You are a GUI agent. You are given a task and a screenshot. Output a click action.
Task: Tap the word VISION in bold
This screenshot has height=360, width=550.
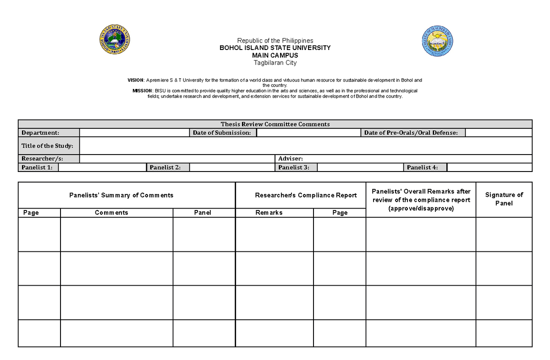pos(136,80)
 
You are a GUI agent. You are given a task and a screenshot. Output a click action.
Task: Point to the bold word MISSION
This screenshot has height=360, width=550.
pos(142,91)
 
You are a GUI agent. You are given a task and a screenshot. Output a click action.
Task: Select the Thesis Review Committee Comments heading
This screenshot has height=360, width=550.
pos(275,124)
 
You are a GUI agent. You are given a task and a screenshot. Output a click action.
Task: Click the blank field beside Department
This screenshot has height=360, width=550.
pos(134,133)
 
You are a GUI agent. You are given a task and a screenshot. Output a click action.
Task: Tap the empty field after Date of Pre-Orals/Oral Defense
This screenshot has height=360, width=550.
pos(498,133)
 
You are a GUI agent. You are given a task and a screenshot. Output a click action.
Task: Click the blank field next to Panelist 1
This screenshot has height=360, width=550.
pos(102,167)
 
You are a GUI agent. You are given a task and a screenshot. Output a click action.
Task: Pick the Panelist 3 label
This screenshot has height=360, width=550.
pos(294,167)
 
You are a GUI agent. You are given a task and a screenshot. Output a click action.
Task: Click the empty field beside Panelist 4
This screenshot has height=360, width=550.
pos(489,167)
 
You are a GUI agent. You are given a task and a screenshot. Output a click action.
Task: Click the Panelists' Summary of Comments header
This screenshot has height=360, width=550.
pos(121,195)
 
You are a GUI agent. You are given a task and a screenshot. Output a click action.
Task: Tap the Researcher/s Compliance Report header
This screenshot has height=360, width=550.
pos(306,195)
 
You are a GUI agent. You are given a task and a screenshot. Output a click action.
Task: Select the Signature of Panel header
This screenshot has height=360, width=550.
pos(504,199)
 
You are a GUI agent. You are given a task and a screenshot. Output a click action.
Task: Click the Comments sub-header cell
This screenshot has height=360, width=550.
pos(111,213)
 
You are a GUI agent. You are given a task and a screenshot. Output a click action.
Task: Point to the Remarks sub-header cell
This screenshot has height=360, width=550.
pos(269,213)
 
